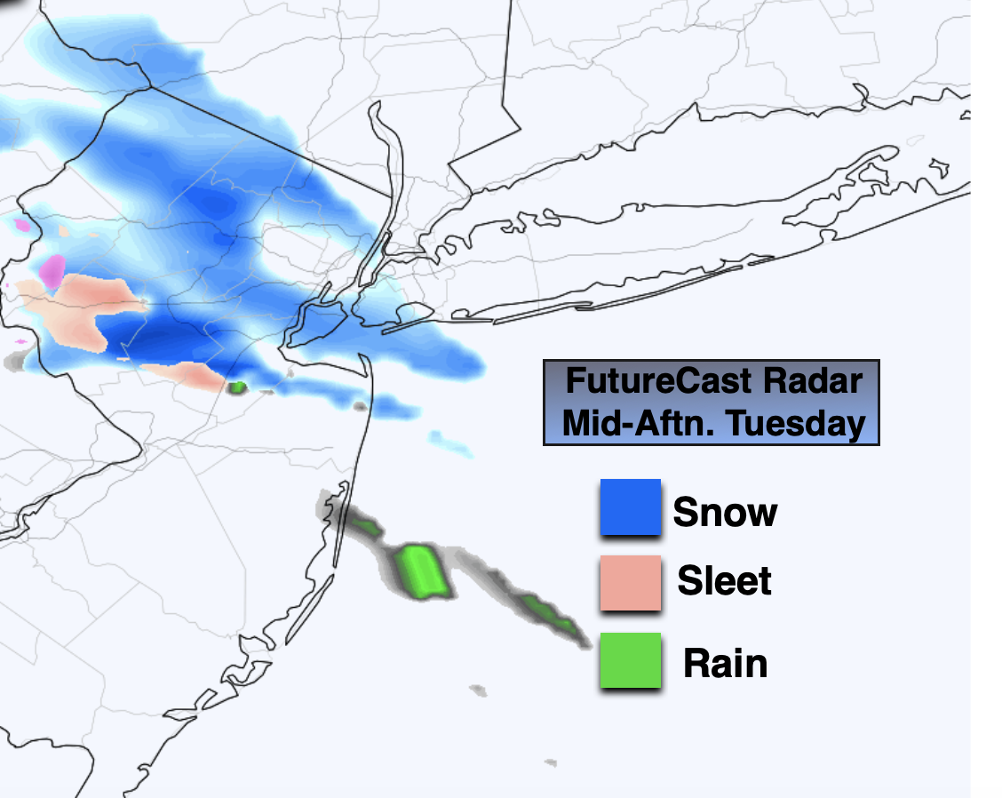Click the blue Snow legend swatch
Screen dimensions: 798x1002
(630, 507)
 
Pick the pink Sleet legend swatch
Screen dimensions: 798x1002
(630, 583)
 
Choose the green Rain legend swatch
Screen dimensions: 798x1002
(630, 660)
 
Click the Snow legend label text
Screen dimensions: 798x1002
(725, 513)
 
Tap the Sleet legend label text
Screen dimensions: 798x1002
(725, 581)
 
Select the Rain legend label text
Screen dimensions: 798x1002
(725, 664)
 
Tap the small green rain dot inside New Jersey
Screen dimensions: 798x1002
(237, 387)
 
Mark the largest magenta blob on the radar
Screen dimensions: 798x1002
(53, 270)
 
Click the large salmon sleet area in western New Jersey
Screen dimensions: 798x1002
(76, 307)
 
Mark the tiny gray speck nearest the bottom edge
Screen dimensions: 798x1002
(551, 762)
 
